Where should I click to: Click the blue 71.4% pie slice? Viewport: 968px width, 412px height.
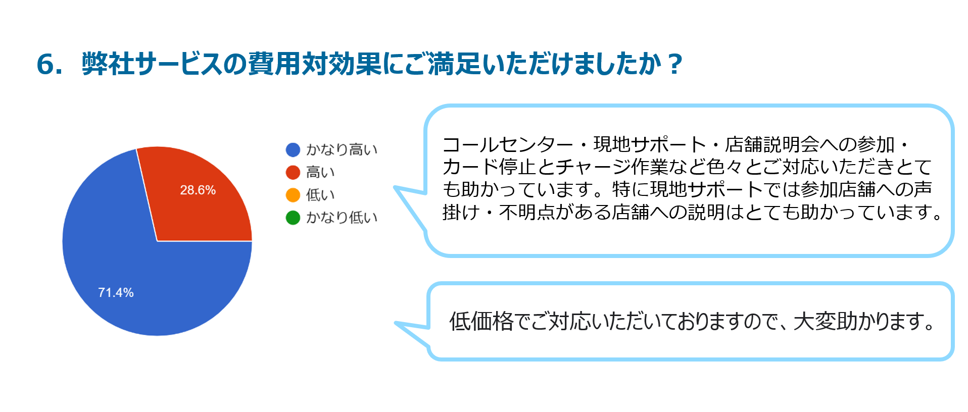(x=126, y=273)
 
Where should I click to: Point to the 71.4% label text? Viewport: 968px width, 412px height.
(x=116, y=292)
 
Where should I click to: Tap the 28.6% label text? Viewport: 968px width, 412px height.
(x=198, y=190)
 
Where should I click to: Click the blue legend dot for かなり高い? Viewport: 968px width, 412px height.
(x=293, y=149)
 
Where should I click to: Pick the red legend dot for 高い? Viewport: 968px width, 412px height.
(x=293, y=172)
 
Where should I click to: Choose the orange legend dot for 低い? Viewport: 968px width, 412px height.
(x=293, y=195)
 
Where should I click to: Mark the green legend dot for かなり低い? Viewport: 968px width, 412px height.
(x=293, y=218)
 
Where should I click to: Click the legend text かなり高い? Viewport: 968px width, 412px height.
(x=342, y=149)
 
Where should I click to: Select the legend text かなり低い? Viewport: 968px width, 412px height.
(x=342, y=218)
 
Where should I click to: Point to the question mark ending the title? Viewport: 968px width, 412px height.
(x=674, y=65)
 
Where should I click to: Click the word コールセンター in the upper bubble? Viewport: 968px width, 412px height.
(x=508, y=145)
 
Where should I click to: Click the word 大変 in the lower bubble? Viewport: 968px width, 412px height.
(x=815, y=321)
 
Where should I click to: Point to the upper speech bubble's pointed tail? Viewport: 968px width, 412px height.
(x=397, y=188)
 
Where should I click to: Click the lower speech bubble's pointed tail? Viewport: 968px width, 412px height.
(x=398, y=324)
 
